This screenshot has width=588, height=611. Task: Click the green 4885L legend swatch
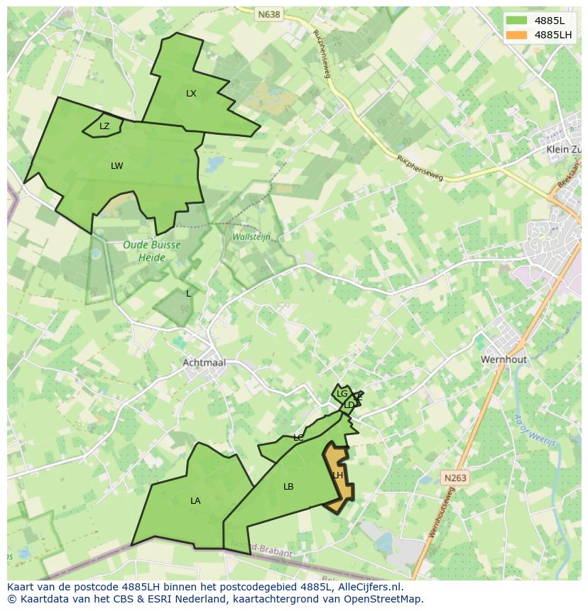click(x=516, y=21)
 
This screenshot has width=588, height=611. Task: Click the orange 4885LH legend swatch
click(x=516, y=34)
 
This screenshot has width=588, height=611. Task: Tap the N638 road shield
click(x=269, y=13)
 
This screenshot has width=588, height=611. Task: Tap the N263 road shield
click(x=454, y=478)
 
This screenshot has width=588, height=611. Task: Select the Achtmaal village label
click(x=204, y=363)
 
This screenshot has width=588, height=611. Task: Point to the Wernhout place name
click(x=503, y=360)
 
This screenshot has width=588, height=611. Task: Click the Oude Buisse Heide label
click(x=151, y=251)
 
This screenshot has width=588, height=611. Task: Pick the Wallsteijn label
click(x=251, y=237)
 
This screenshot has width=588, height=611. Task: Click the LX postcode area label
click(x=191, y=94)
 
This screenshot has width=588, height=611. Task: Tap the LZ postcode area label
click(x=104, y=126)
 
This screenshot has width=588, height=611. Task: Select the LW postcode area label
click(x=117, y=166)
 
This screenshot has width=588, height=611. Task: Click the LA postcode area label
click(x=195, y=501)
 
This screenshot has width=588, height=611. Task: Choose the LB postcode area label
click(x=288, y=487)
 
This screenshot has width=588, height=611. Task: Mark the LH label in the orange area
click(x=337, y=475)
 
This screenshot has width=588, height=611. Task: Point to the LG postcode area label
click(x=342, y=394)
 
